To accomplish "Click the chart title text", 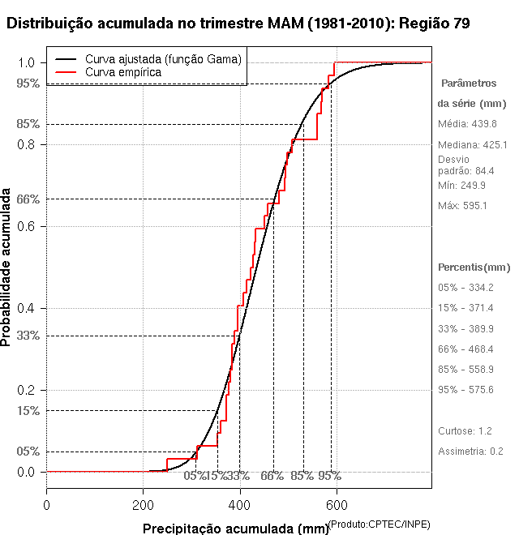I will click(237, 24).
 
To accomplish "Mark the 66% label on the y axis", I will click(28, 199).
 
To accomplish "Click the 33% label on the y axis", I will click(28, 336).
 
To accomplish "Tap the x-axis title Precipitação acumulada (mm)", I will click(235, 529).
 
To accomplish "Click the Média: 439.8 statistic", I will click(467, 124).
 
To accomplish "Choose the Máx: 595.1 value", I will click(462, 206).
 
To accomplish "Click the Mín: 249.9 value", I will click(461, 186).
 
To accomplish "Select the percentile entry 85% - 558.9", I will click(465, 370).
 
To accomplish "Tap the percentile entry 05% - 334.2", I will click(465, 288).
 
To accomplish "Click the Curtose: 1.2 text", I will click(465, 430).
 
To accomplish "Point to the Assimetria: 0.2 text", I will click(470, 451).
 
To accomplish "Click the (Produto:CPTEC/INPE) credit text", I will click(380, 524).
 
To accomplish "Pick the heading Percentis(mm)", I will click(474, 267).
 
